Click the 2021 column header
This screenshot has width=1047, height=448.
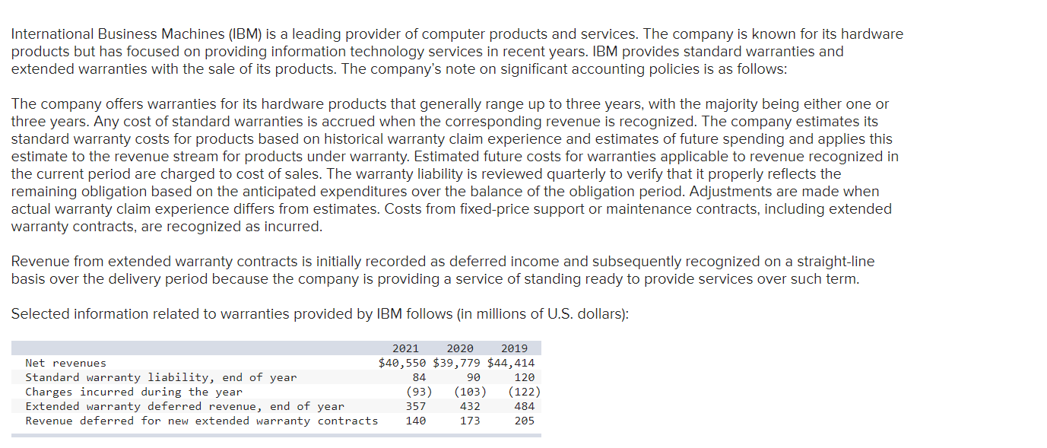click(405, 348)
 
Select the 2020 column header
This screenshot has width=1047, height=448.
click(460, 348)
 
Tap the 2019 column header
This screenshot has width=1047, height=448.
click(515, 348)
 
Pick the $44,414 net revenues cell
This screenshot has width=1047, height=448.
click(511, 363)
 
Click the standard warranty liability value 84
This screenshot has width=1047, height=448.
click(419, 377)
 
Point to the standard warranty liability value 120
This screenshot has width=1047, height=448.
click(525, 377)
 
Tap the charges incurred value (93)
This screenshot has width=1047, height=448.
click(419, 392)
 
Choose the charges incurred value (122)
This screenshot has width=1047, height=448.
click(525, 392)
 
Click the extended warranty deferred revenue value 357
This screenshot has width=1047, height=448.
click(416, 406)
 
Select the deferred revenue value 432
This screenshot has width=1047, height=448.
click(470, 406)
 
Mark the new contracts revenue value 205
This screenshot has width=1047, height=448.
click(525, 421)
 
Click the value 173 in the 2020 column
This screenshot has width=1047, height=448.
click(470, 421)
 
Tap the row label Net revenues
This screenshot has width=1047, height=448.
click(66, 363)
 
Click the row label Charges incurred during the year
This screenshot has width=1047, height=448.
click(134, 392)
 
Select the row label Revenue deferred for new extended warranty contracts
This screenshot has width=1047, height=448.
click(201, 421)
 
